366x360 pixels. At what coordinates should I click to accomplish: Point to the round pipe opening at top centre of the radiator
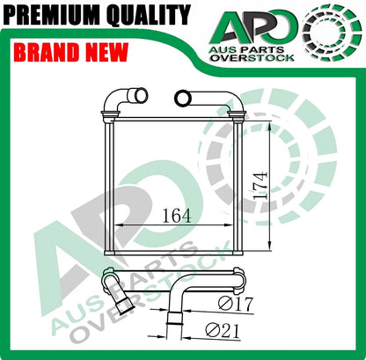pyautogui.click(x=182, y=96)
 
